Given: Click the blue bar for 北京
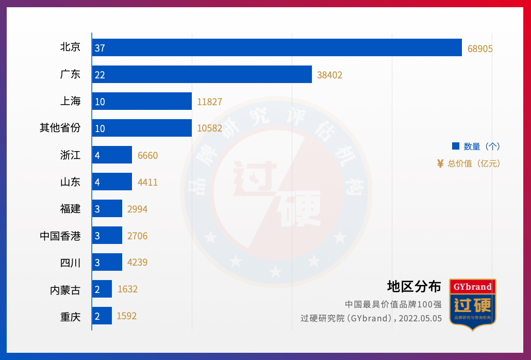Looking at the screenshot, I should [x=277, y=47].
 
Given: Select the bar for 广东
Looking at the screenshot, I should [x=202, y=74].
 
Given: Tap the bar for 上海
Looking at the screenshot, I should [x=142, y=101].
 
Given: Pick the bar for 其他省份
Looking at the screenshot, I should [x=142, y=128].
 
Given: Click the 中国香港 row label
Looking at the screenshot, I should [x=60, y=236].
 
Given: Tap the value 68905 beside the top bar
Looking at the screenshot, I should [x=480, y=48].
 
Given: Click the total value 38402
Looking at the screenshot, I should [x=329, y=75].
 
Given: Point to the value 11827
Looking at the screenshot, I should [x=209, y=102].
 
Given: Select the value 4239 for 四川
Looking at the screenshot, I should [x=137, y=262].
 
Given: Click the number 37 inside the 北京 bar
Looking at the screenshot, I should [x=100, y=48].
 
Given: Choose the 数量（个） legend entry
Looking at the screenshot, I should [x=476, y=146].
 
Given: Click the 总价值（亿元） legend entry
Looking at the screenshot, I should [x=469, y=163].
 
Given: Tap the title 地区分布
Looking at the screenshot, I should [x=414, y=286].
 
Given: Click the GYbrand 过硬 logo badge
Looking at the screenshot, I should [x=473, y=302].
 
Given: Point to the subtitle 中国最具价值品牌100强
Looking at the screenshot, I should [x=393, y=304].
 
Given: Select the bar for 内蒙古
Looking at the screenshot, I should [x=102, y=289].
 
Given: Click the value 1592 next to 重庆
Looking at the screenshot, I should [x=127, y=316].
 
